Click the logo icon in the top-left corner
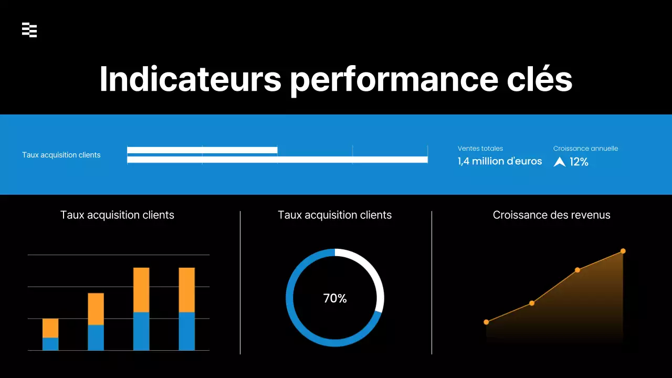click(29, 30)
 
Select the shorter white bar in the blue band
click(202, 150)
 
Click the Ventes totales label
click(480, 149)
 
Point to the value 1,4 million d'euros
click(500, 162)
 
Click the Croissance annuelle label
click(585, 149)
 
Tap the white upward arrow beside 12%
click(560, 162)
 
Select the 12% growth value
click(579, 162)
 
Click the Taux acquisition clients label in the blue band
click(61, 155)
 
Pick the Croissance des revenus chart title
click(551, 215)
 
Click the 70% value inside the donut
click(335, 298)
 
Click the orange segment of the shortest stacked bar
click(50, 328)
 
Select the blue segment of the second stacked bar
click(96, 338)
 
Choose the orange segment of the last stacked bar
click(187, 290)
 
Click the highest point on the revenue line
click(623, 251)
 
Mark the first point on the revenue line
click(486, 322)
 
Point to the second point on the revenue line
click(532, 303)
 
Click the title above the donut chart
click(334, 215)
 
